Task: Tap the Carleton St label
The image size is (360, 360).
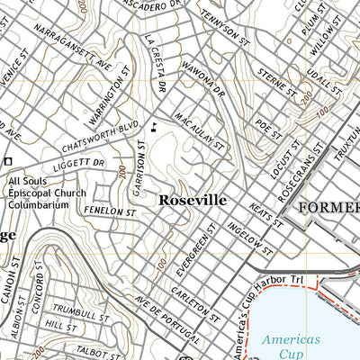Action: tap(195, 303)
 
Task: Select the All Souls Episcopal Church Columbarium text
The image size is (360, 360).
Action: tap(46, 193)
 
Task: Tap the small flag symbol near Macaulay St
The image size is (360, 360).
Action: tap(156, 126)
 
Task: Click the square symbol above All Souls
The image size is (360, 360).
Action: tap(8, 160)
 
